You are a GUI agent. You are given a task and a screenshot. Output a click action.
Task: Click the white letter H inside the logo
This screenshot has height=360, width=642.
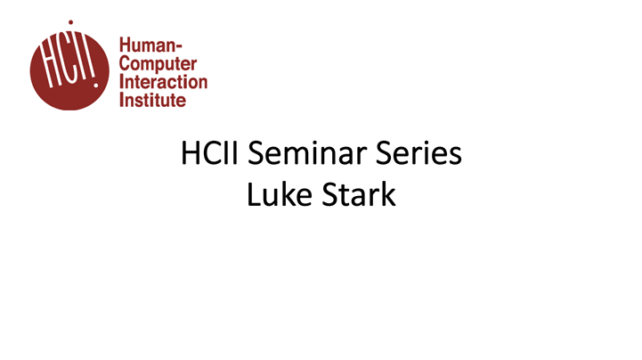click(46, 68)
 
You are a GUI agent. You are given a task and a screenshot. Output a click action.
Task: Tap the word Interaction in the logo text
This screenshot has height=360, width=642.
click(164, 83)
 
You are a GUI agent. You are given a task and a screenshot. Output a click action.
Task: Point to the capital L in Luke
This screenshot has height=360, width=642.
click(254, 195)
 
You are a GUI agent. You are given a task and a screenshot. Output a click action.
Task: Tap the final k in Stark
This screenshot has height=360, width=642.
click(387, 195)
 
